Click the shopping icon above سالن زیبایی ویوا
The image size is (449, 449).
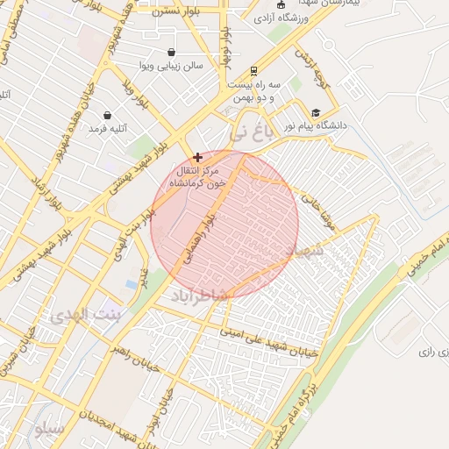170,53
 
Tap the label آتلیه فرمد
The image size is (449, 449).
108,128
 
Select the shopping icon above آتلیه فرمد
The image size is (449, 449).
107,115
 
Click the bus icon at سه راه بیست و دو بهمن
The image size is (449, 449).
253,71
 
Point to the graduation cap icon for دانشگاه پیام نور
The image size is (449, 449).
315,113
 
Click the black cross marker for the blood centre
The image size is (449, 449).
197,157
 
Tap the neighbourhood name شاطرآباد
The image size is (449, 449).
199,295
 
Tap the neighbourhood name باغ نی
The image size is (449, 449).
251,134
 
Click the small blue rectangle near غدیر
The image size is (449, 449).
131,285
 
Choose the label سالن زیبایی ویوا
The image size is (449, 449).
170,66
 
